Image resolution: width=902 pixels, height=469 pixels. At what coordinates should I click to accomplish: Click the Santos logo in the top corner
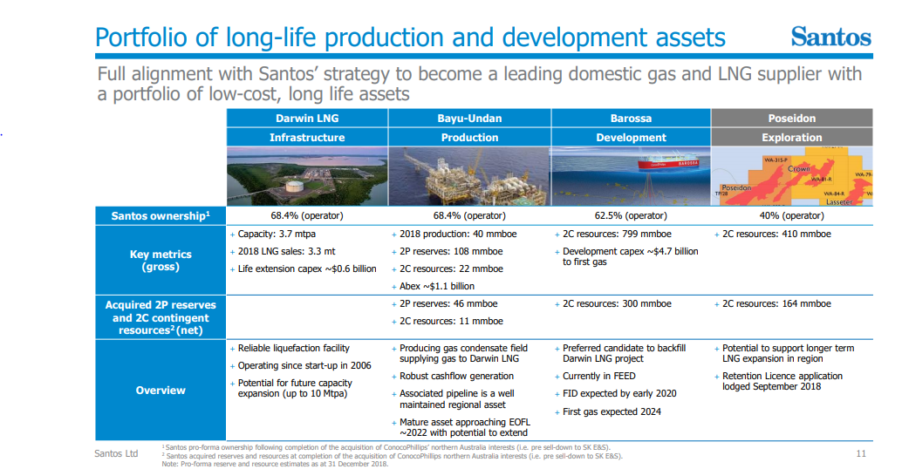pyautogui.click(x=830, y=37)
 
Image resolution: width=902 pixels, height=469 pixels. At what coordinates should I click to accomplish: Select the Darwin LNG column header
pyautogui.click(x=307, y=119)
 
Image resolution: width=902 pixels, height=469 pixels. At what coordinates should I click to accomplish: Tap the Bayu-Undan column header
pyautogui.click(x=469, y=119)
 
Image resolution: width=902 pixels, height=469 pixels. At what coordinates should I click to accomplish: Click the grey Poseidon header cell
pyautogui.click(x=792, y=119)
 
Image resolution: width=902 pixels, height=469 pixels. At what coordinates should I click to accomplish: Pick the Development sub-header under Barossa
pyautogui.click(x=631, y=138)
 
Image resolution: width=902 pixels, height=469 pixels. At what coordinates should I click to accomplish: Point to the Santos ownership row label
pyautogui.click(x=161, y=215)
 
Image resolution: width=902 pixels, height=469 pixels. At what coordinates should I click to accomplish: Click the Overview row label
pyautogui.click(x=161, y=391)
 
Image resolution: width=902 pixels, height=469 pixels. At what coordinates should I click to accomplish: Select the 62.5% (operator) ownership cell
pyautogui.click(x=631, y=215)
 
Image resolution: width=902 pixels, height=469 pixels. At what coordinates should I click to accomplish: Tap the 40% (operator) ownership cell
pyautogui.click(x=792, y=215)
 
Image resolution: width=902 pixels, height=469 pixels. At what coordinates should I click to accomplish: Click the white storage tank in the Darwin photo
pyautogui.click(x=295, y=187)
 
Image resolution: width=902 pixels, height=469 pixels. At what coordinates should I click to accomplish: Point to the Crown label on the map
pyautogui.click(x=798, y=168)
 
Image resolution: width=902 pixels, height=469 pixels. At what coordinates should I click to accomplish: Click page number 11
pyautogui.click(x=861, y=453)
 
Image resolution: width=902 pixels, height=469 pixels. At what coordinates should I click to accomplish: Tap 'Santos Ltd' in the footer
pyautogui.click(x=116, y=453)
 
